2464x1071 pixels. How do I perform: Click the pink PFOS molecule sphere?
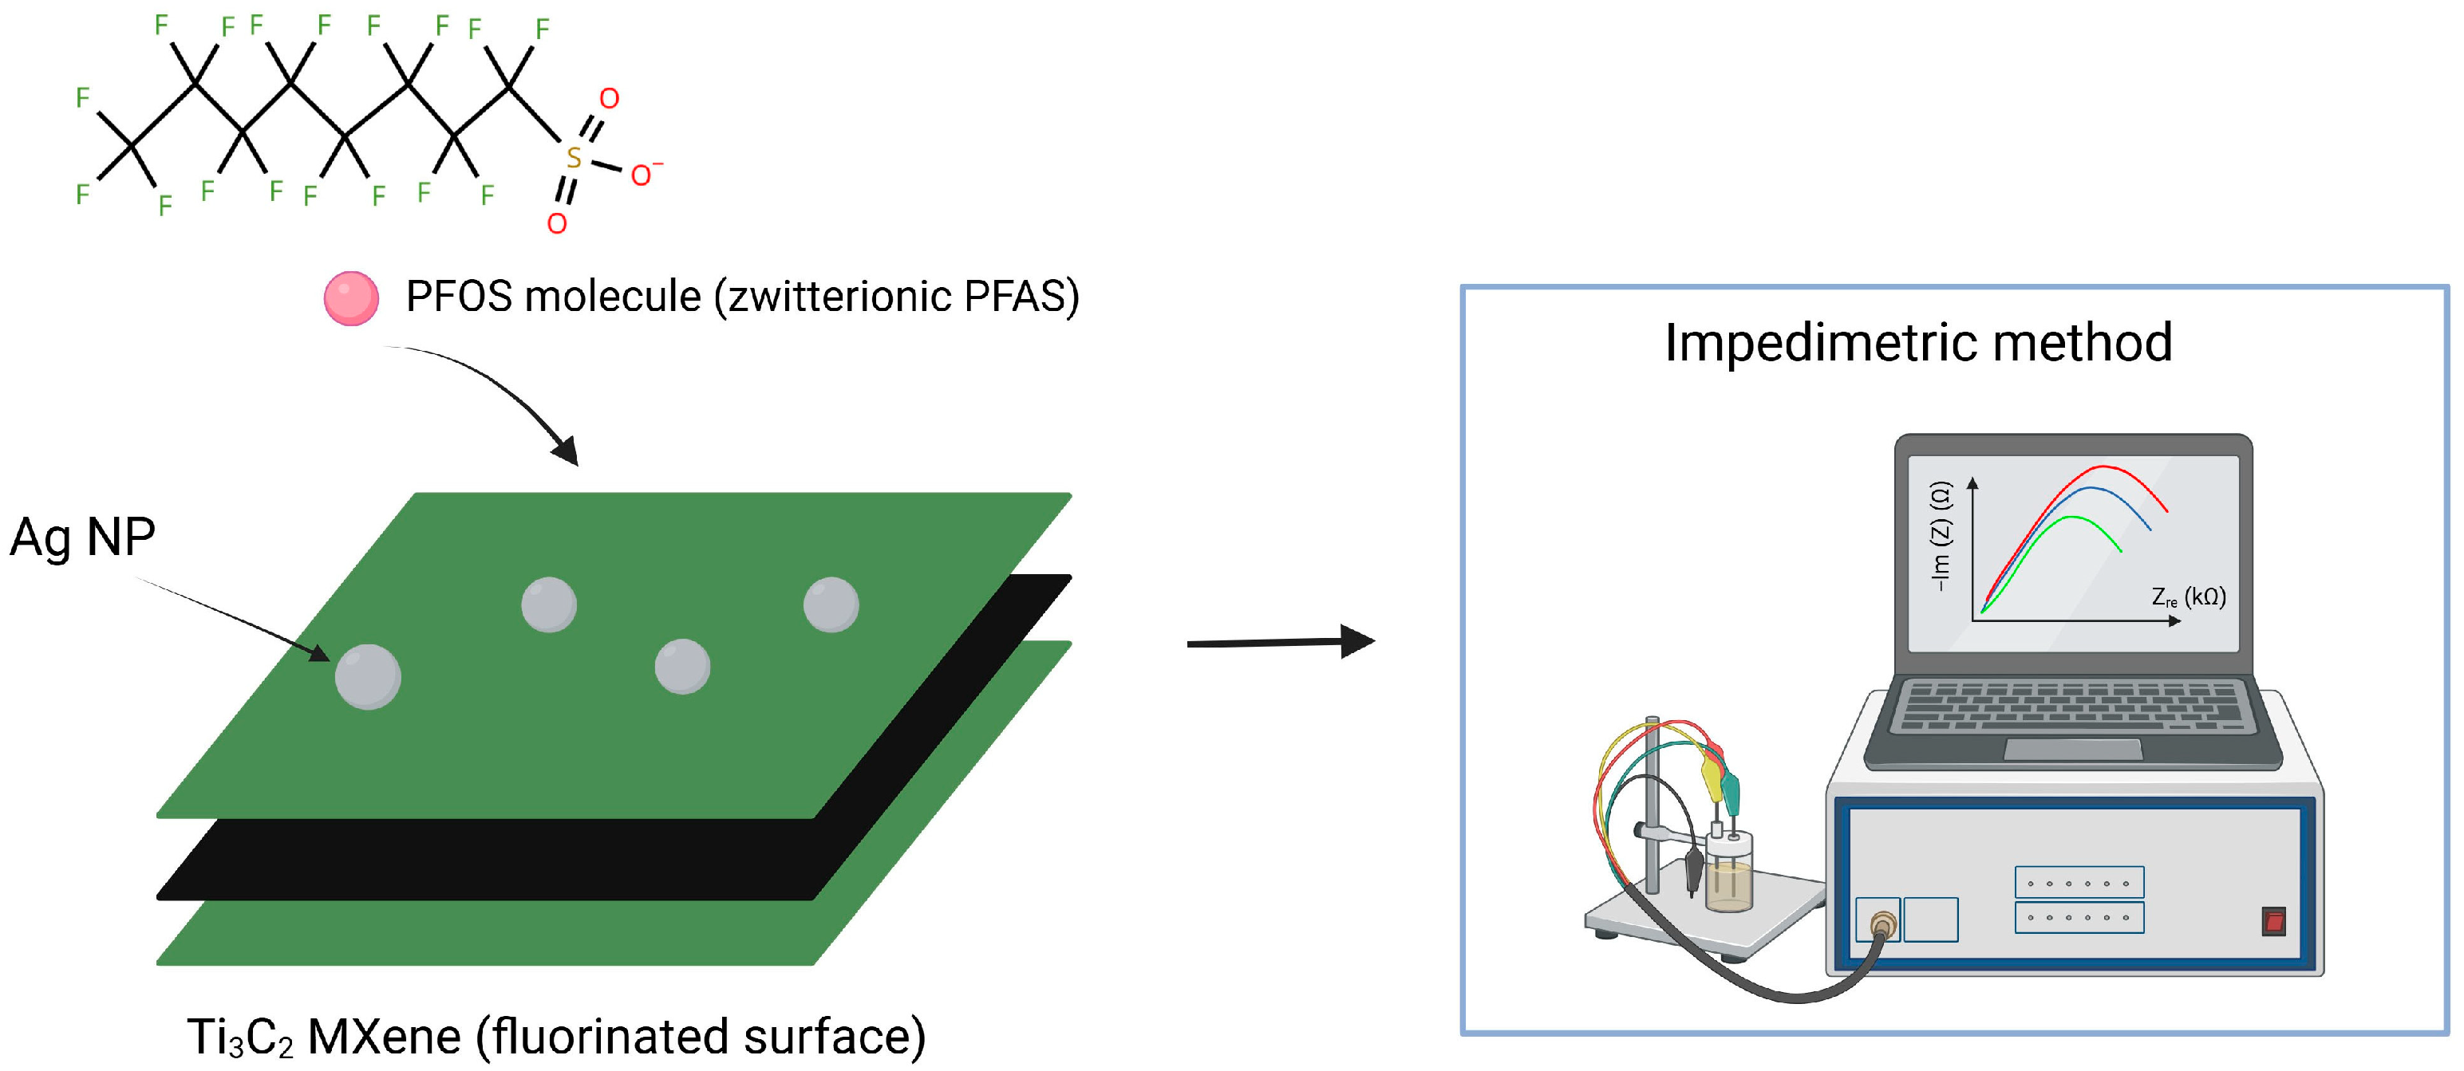pos(351,298)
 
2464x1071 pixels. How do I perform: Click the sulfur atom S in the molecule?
pos(573,158)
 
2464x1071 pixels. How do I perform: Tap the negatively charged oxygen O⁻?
pos(642,175)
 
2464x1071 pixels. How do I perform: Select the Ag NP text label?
pos(82,537)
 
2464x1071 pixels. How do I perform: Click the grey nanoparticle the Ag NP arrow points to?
pos(367,677)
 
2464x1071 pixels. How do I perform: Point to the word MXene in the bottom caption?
pos(385,1037)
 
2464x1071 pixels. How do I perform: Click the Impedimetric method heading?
pos(1918,342)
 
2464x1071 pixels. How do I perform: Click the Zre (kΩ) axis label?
pos(2189,597)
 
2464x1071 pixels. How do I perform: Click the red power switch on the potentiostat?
pos(2273,922)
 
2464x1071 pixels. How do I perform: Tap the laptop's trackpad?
pos(2073,749)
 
